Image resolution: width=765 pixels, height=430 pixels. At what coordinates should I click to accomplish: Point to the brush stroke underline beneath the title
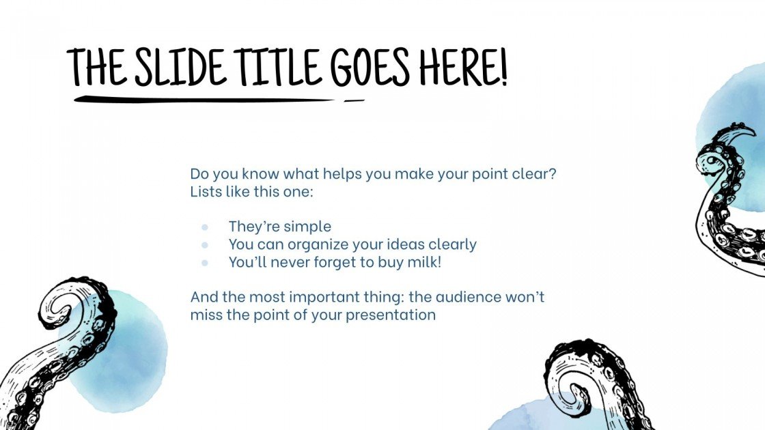205,100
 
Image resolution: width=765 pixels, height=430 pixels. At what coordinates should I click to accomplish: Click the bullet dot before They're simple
204,227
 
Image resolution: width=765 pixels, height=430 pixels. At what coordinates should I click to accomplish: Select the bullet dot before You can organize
204,244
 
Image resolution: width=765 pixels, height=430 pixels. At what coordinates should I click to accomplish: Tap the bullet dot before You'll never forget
204,262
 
